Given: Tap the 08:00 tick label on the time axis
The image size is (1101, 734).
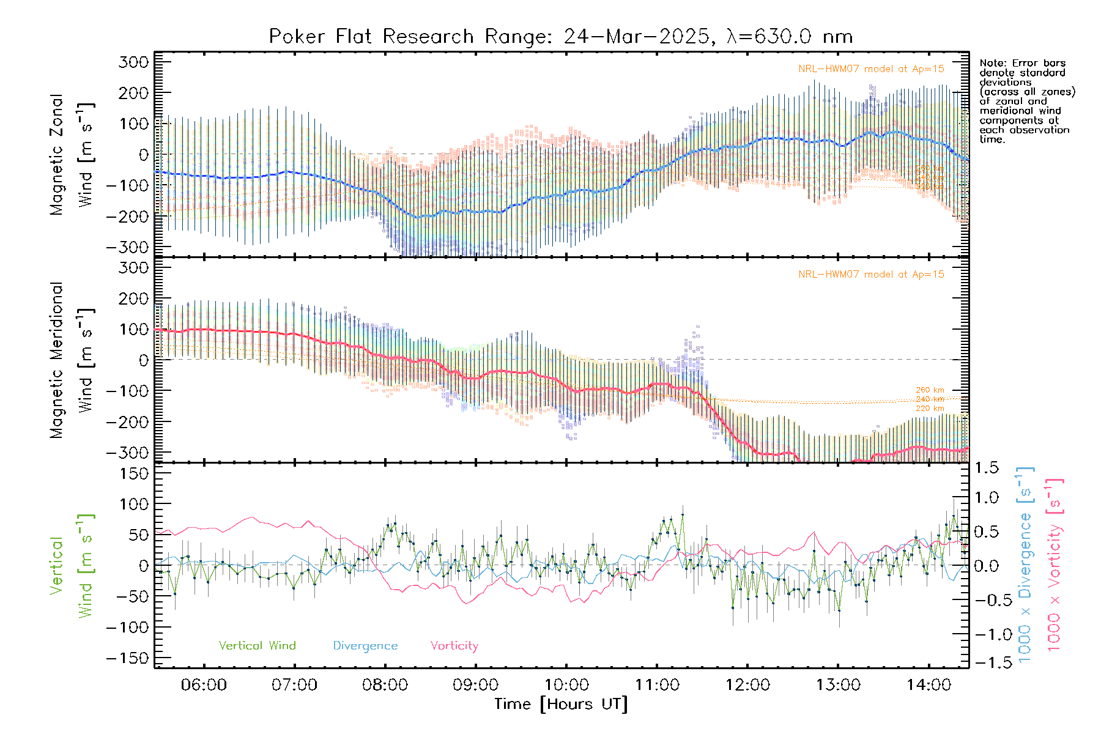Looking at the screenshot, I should point(385,685).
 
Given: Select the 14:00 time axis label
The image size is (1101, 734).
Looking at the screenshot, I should point(929,685).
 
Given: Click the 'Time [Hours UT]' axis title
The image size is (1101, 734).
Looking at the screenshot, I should point(561,704).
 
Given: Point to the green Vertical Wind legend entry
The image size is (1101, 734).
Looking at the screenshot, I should point(257,646).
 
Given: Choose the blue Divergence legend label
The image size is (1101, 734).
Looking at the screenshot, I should point(365,646).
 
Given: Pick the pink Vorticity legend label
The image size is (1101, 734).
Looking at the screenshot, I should point(454,646).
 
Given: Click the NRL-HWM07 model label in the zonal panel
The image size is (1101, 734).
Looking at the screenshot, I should point(871,69).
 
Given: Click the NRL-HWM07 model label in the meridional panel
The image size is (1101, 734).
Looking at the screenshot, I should point(871,275).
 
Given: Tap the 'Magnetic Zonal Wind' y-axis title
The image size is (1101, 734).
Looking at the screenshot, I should point(72,154).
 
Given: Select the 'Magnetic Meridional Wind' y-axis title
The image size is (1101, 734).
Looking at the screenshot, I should point(72,360).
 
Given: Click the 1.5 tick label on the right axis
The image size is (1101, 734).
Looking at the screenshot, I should point(987,468).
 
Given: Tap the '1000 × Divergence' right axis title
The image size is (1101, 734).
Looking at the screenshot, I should point(1025,565).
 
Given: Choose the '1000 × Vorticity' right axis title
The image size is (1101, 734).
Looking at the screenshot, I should point(1055,565).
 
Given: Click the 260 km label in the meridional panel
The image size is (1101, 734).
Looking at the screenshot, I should point(930,390).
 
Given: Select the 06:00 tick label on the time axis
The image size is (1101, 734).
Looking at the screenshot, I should point(204,685).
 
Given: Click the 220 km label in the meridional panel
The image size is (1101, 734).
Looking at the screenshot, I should point(930,409).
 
